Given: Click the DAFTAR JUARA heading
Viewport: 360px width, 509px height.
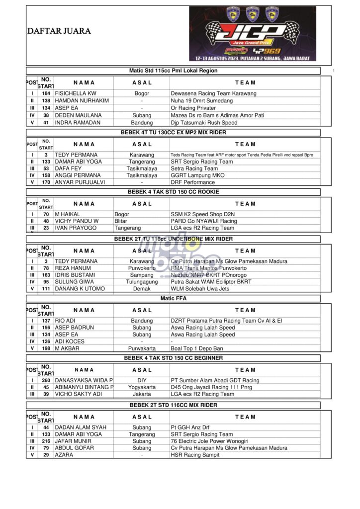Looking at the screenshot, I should (59, 31).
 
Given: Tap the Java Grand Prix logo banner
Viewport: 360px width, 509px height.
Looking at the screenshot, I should (252, 33).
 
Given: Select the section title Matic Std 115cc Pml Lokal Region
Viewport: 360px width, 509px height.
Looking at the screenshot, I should (173, 71).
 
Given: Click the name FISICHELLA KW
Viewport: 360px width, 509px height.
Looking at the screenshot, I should (76, 93).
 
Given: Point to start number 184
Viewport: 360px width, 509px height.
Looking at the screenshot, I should (46, 93).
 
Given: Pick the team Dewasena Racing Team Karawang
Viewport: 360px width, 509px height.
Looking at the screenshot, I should (213, 93).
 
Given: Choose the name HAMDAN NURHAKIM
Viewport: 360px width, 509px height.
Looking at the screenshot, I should (78, 101).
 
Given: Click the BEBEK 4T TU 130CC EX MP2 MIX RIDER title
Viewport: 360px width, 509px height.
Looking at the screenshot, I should (173, 133).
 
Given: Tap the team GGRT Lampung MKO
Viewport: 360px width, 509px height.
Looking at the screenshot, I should (197, 175).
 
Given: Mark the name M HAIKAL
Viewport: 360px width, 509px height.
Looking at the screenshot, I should (68, 214).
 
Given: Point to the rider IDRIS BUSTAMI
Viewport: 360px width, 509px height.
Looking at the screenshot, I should (75, 275).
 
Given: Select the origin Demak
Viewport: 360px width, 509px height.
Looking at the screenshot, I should (142, 289).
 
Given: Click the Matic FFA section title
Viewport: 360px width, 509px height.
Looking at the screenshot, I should (173, 299).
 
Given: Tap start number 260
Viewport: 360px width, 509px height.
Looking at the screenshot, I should (46, 380).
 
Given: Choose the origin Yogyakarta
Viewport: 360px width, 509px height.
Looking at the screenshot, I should (142, 387).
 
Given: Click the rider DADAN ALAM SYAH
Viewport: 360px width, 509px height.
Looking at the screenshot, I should (81, 427).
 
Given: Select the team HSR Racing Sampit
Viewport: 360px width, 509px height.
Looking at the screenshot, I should (195, 455).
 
